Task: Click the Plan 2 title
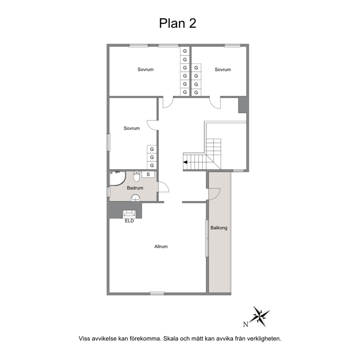pos(178,24)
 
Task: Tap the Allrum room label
pos(161,246)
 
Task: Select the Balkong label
pos(219,228)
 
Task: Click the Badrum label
pos(135,188)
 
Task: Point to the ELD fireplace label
pos(129,221)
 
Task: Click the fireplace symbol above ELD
pos(129,213)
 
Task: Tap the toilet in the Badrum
pos(136,176)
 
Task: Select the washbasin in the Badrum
pos(136,198)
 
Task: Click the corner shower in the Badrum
pos(118,179)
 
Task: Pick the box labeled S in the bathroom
pos(148,174)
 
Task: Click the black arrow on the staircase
pos(185,162)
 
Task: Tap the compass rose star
pos(261,316)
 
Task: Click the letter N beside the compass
pos(246,324)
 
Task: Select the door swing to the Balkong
pos(214,194)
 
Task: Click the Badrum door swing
pos(164,187)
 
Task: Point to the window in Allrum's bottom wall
pos(157,293)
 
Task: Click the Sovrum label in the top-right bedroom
pos(222,70)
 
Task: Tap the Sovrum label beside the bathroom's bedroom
pos(132,128)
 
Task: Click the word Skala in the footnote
pos(171,339)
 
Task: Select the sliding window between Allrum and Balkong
pos(207,238)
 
